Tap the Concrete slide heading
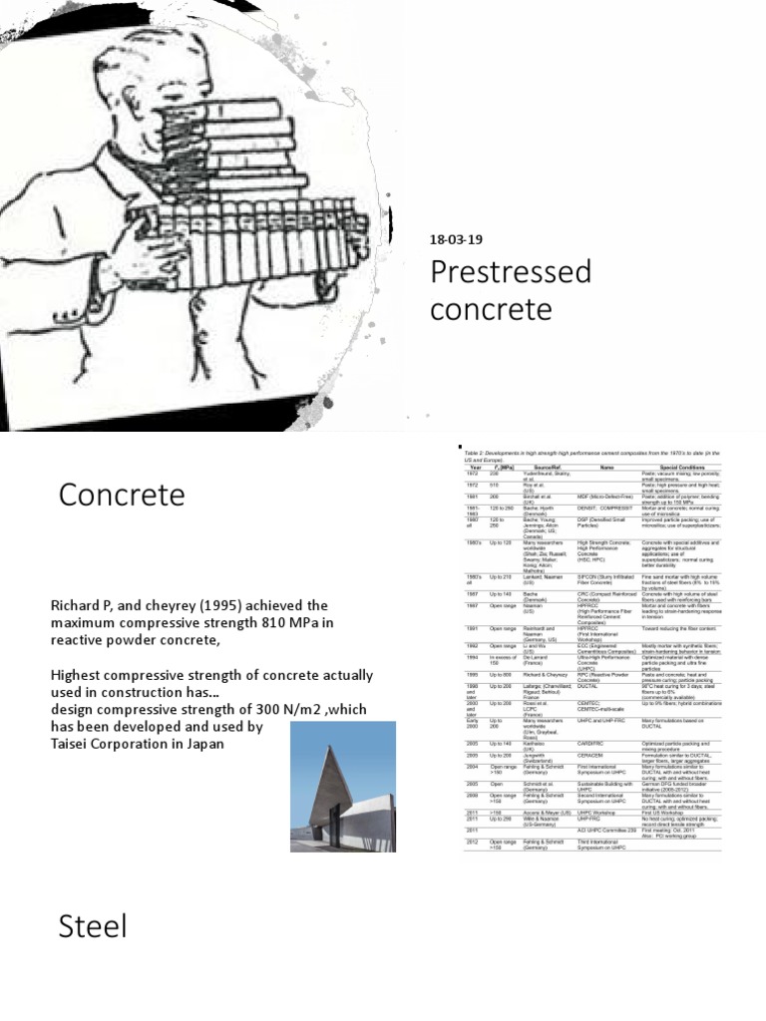(x=122, y=495)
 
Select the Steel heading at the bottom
(x=93, y=926)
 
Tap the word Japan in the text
(x=222, y=743)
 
